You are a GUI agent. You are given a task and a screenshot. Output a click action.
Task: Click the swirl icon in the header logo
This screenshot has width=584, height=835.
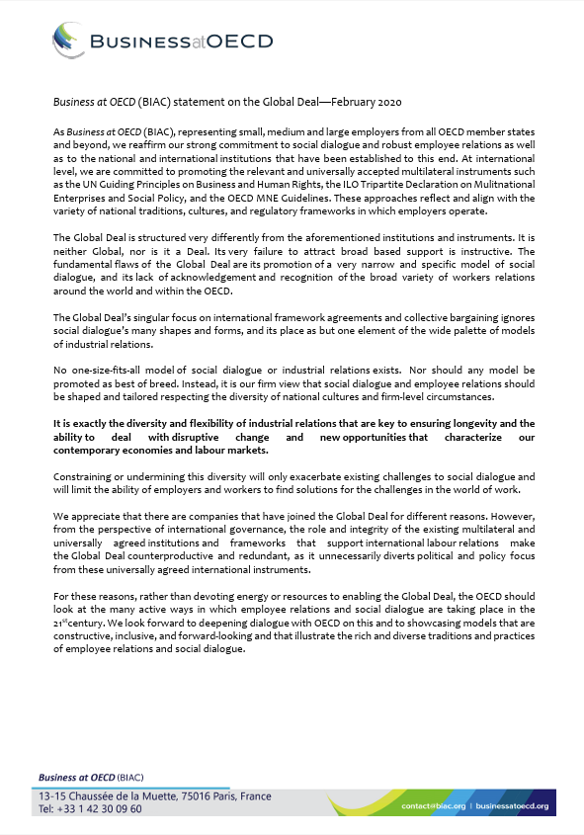click(68, 42)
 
